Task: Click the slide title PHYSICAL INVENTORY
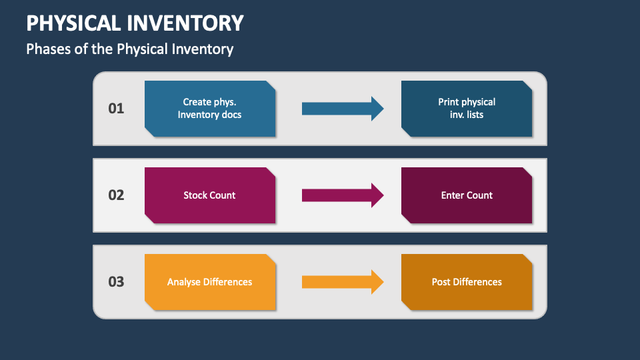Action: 135,23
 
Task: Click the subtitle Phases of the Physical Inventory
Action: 129,49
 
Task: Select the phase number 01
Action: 116,108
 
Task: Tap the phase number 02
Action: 116,195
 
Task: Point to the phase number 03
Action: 116,281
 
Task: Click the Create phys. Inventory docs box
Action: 210,109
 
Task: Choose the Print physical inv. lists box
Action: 467,109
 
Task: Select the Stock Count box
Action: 210,195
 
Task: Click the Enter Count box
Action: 467,195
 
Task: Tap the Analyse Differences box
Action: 210,282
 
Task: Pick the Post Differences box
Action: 467,282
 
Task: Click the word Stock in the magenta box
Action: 195,195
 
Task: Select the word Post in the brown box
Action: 441,282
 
